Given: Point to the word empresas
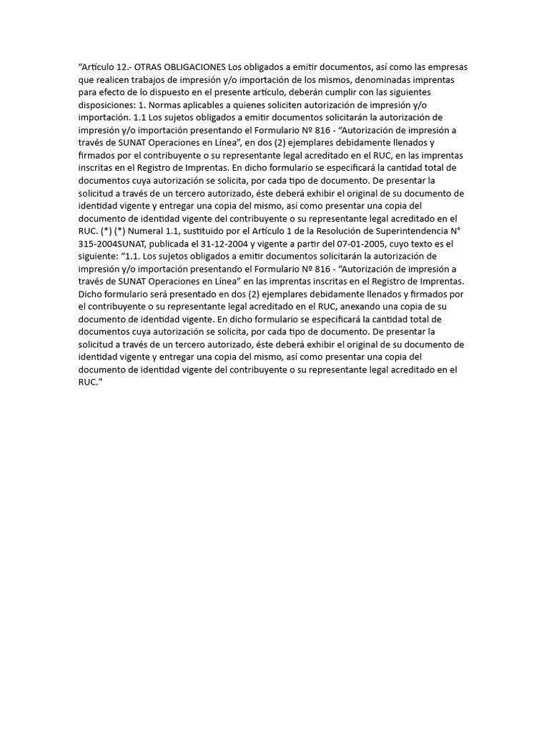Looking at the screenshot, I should [x=447, y=67].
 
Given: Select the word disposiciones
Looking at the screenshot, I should [x=107, y=105].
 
